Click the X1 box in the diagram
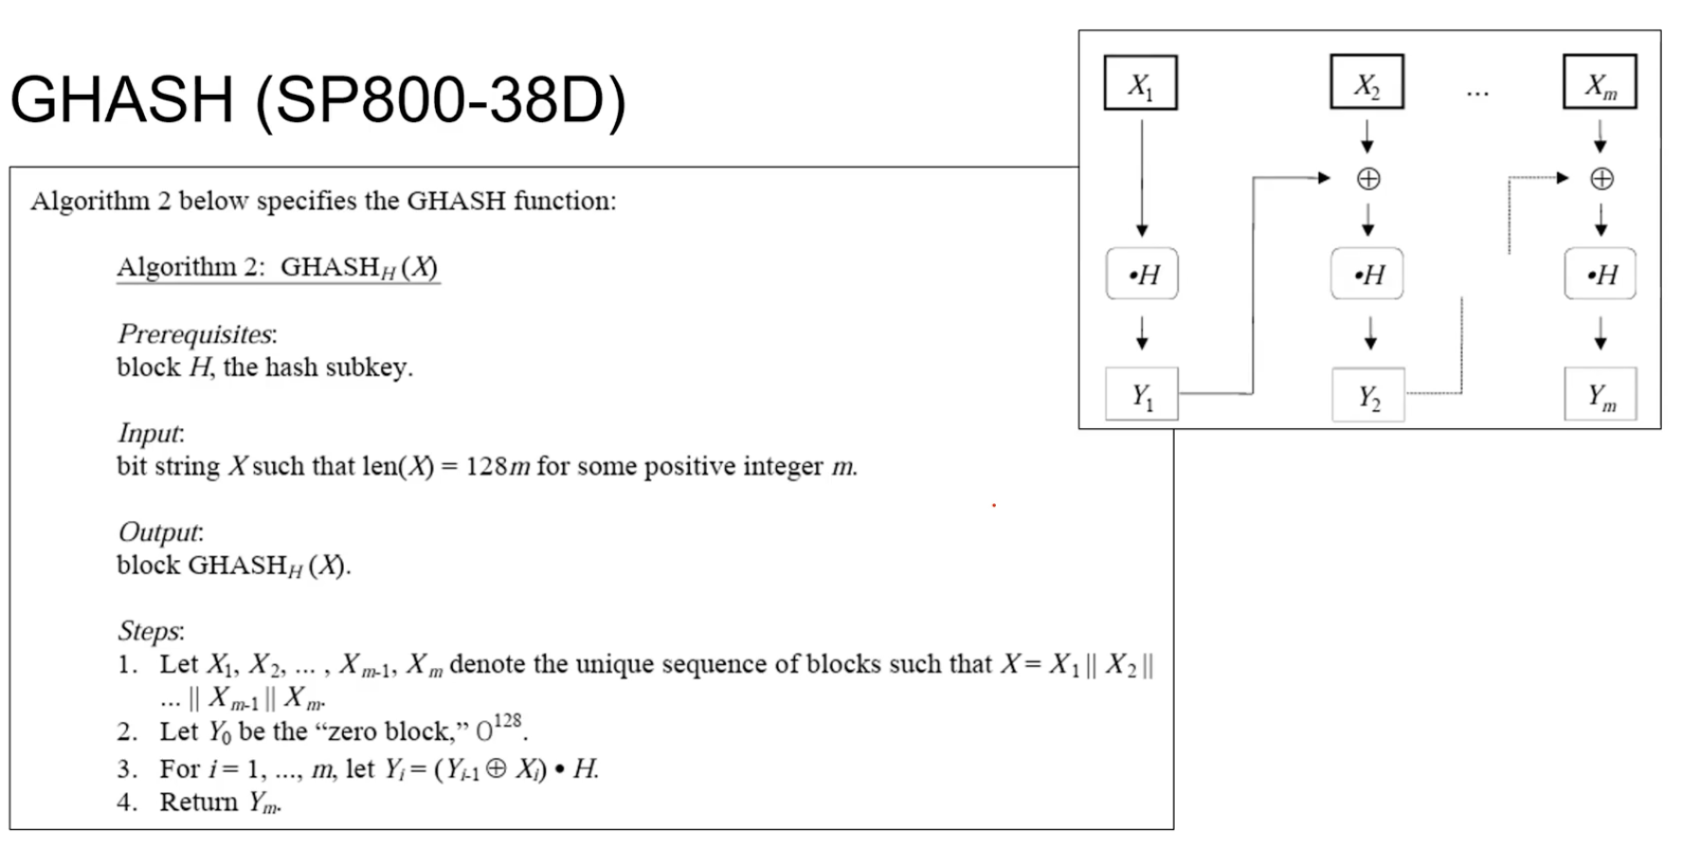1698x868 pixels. [1140, 83]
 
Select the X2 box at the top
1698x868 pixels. [1366, 83]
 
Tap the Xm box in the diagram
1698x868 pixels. [1599, 83]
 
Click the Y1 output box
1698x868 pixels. [1142, 394]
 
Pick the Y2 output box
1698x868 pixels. [1368, 394]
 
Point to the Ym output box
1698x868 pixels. [1600, 394]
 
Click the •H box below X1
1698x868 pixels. [1142, 275]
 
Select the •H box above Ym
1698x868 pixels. [1600, 275]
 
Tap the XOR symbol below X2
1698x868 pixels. [1368, 178]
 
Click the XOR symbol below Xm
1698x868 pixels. [1601, 178]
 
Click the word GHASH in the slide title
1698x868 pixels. [121, 99]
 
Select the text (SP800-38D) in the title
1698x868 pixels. [441, 99]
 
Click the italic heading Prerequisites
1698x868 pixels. [196, 335]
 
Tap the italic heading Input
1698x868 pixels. [151, 433]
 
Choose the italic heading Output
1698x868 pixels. [160, 532]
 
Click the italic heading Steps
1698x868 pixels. [151, 630]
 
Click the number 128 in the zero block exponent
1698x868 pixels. [508, 720]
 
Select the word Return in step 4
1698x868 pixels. [198, 802]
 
